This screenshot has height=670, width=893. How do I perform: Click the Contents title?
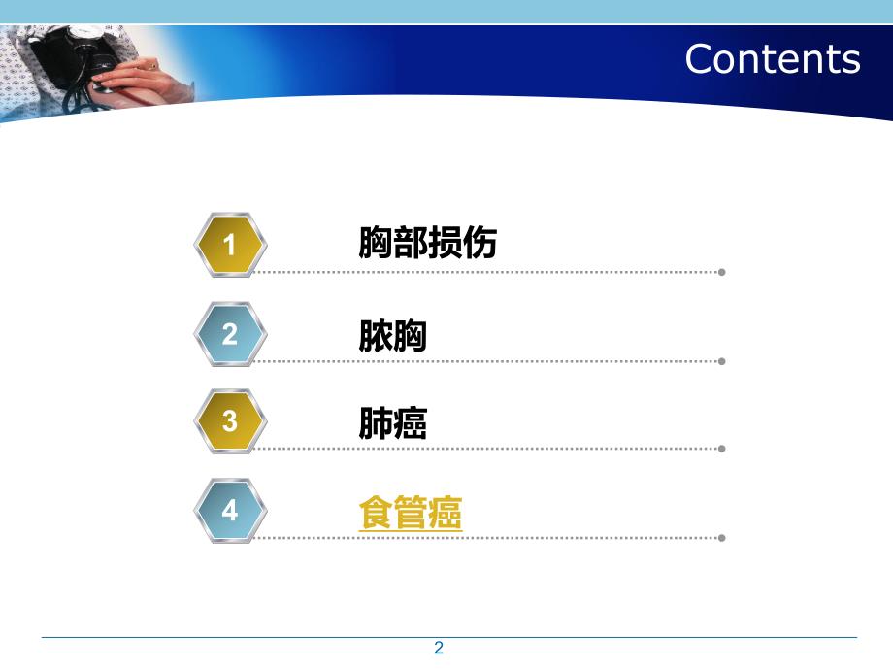tap(772, 59)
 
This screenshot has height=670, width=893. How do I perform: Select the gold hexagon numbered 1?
tap(230, 245)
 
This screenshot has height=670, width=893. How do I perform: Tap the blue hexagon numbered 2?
tap(230, 334)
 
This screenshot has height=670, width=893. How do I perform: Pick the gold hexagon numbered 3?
tap(230, 421)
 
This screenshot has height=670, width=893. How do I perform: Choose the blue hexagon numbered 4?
tap(230, 510)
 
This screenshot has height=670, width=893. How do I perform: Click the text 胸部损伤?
tap(427, 243)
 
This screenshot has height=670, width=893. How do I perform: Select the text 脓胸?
tap(393, 336)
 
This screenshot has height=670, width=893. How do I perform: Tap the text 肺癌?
tap(393, 423)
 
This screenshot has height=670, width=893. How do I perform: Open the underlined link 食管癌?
tap(410, 513)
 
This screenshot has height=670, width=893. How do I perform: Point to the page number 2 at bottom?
tap(439, 649)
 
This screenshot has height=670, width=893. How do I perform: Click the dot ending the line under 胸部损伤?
tap(721, 272)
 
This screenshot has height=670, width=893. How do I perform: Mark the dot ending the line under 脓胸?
tap(721, 361)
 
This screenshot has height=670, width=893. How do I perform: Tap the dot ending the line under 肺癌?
tap(721, 449)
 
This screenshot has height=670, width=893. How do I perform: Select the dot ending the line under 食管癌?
tap(721, 537)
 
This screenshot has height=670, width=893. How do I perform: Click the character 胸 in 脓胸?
tap(411, 336)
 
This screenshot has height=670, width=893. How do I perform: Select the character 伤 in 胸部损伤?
tap(480, 243)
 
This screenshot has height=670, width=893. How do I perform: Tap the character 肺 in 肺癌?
tap(376, 423)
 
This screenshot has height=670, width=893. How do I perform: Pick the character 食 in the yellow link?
tap(375, 513)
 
